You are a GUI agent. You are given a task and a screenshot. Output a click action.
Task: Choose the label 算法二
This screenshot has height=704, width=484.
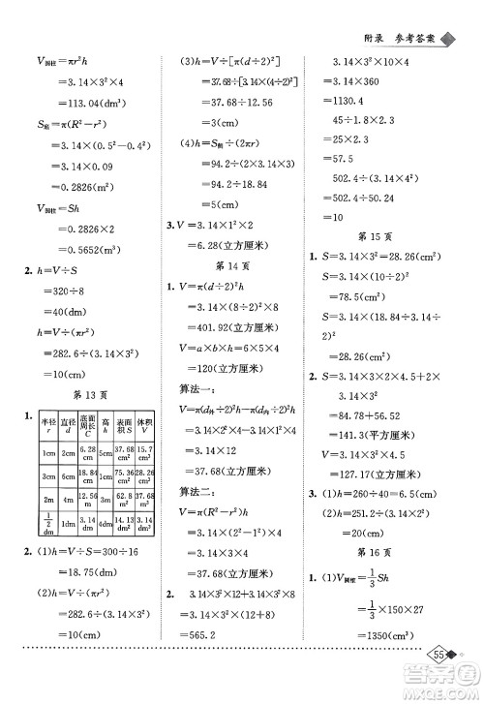tap(200, 494)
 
